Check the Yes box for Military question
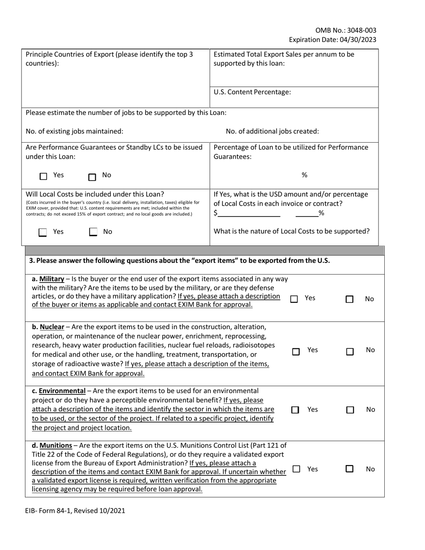(x=294, y=299)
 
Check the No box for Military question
(x=350, y=299)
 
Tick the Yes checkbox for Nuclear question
(x=296, y=352)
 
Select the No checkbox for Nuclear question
(x=350, y=352)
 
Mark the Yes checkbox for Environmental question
(x=295, y=410)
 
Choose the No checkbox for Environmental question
(x=350, y=410)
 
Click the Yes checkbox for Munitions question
(x=296, y=469)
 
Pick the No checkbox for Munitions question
(x=350, y=470)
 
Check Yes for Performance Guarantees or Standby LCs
(x=43, y=177)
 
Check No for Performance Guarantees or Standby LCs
(x=92, y=177)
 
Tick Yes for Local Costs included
(x=43, y=233)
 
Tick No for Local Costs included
(x=93, y=233)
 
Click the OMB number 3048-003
(x=361, y=30)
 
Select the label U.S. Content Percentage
(x=252, y=92)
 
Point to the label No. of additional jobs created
(x=272, y=131)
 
